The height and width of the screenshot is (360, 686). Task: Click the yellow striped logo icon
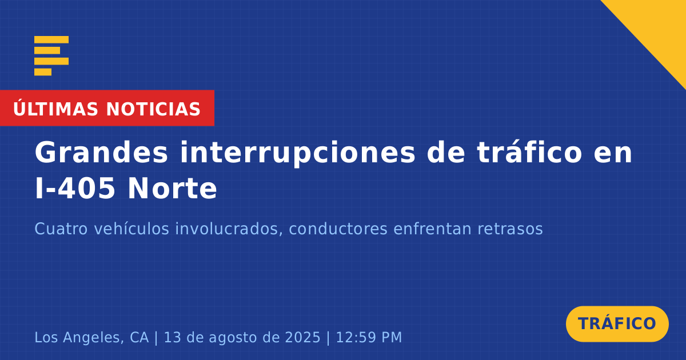pyautogui.click(x=51, y=56)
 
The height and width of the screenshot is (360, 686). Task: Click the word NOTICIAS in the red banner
pyautogui.click(x=153, y=109)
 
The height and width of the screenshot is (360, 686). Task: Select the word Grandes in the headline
pyautogui.click(x=101, y=153)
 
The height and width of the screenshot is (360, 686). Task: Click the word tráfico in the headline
pyautogui.click(x=529, y=152)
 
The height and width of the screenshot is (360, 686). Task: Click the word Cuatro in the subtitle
pyautogui.click(x=61, y=229)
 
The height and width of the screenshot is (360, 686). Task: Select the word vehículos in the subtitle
pyautogui.click(x=131, y=229)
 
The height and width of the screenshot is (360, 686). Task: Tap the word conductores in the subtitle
pyautogui.click(x=338, y=229)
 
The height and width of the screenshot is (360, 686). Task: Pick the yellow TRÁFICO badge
pyautogui.click(x=617, y=324)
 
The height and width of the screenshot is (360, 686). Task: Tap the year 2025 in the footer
pyautogui.click(x=302, y=337)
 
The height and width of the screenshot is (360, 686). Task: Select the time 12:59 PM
pyautogui.click(x=369, y=337)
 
